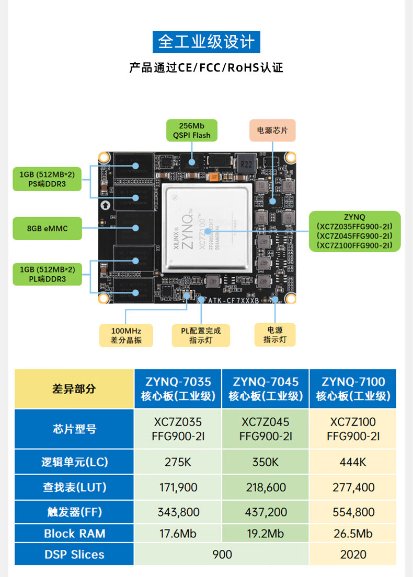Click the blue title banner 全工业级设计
tap(206, 41)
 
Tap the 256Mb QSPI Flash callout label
tap(192, 131)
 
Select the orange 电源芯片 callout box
tap(272, 130)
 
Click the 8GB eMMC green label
tap(48, 228)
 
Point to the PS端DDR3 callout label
tap(48, 179)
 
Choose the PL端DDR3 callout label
tap(48, 274)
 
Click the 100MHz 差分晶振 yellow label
tap(126, 335)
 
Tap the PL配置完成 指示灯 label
tap(201, 335)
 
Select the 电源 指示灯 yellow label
tap(275, 335)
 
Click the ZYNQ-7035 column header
tap(178, 389)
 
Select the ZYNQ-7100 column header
tap(353, 389)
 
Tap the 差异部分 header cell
tap(74, 389)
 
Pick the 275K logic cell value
tap(178, 462)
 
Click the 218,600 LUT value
tap(266, 487)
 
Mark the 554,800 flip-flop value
tap(353, 512)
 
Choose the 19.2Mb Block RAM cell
tap(266, 533)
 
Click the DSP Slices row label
tap(74, 554)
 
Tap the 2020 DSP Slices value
tap(353, 554)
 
